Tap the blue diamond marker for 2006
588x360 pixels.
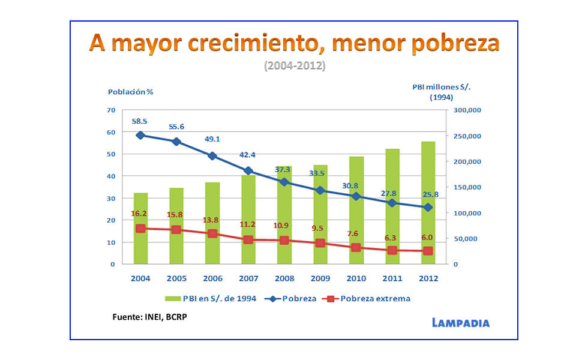point(212,156)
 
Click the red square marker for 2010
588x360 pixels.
point(356,247)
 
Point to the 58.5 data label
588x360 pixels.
point(140,121)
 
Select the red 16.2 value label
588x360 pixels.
point(140,213)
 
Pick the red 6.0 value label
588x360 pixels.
point(427,237)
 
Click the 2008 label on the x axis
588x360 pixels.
point(284,278)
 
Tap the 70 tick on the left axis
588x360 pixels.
point(111,110)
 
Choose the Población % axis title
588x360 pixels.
point(130,92)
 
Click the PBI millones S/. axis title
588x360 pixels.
point(441,87)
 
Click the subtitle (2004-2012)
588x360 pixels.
point(294,65)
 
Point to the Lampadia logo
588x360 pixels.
point(460,323)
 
